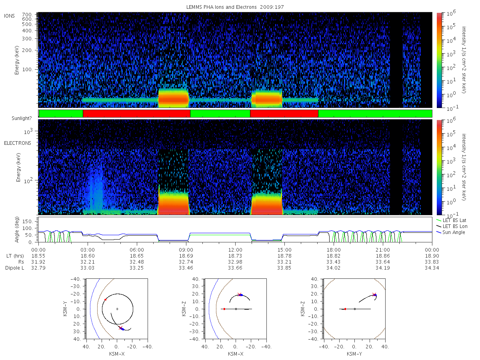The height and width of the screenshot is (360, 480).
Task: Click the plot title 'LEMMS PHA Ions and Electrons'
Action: click(221, 7)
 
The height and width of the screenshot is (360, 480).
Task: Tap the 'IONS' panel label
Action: click(9, 16)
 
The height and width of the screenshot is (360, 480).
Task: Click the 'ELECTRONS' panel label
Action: click(18, 143)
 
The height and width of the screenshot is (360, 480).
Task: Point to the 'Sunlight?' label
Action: click(22, 118)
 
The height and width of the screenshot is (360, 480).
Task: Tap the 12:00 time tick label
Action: click(235, 250)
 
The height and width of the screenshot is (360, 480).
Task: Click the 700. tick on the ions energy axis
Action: click(27, 15)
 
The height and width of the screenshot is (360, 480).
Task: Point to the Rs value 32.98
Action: click(235, 262)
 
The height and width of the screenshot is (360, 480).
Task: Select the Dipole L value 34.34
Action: click(432, 268)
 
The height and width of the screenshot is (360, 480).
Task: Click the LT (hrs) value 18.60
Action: click(88, 256)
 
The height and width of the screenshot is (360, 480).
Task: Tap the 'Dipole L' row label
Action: click(15, 268)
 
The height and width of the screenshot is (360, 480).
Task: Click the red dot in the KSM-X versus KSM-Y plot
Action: click(106, 300)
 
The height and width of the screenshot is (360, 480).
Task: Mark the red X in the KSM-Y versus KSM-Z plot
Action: click(374, 295)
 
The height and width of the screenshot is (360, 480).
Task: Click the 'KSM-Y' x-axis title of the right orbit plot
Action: click(354, 354)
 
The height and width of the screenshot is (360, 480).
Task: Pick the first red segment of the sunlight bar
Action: click(136, 114)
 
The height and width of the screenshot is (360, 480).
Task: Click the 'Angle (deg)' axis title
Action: click(17, 230)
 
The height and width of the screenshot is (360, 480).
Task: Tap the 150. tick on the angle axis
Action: click(28, 222)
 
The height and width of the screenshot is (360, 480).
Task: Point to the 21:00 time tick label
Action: click(383, 250)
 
